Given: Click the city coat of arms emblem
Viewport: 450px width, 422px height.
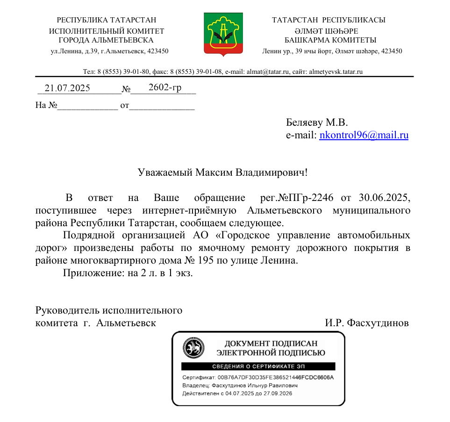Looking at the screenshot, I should pos(223,34).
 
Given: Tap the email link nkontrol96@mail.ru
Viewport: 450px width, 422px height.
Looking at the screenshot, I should pos(364,136).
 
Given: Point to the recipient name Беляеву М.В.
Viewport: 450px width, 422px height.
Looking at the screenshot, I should pos(317,123).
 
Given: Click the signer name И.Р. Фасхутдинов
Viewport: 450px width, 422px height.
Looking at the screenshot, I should pos(367,323).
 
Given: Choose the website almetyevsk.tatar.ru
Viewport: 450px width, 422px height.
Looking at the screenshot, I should pos(336,72).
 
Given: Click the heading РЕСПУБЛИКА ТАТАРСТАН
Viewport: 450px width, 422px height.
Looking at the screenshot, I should pos(107,20).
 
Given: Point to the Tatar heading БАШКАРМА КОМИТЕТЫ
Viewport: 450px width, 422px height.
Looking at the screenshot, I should pos(330,40).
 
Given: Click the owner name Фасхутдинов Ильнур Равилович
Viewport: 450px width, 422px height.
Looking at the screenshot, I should pos(254,386).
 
